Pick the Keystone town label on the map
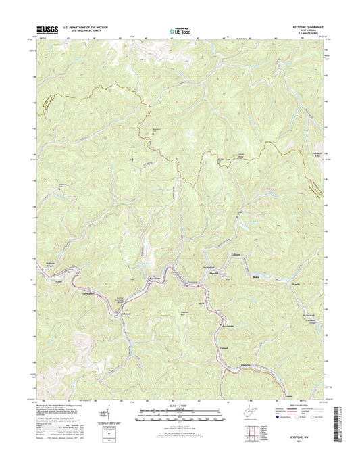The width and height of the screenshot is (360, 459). (x=156, y=279)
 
